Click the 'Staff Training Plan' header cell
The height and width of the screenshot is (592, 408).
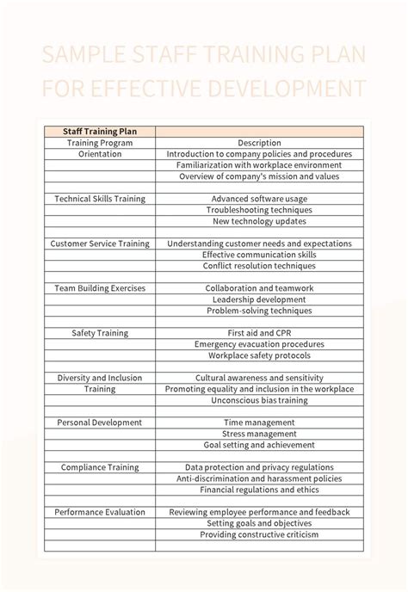100,132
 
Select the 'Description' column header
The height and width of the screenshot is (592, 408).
259,143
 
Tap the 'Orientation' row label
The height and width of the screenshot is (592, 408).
100,154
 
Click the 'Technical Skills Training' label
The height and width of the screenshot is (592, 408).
100,199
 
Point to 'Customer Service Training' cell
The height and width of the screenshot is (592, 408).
100,244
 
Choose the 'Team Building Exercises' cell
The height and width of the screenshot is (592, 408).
100,288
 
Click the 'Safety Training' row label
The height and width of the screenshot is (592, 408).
100,333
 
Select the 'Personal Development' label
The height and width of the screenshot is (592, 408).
100,422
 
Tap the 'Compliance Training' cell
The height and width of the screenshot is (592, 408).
100,467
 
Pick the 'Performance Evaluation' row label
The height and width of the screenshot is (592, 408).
100,512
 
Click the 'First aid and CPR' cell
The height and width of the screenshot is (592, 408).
259,333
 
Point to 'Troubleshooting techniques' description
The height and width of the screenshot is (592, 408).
259,210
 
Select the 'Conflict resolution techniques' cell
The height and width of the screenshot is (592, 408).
259,266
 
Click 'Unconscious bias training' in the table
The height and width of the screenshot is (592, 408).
259,400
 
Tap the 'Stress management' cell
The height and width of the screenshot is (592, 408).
259,434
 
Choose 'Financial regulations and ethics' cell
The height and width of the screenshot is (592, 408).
259,490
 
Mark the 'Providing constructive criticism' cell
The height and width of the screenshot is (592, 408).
259,534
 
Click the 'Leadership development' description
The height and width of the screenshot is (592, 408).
259,299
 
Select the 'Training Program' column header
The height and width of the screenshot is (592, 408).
100,143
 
